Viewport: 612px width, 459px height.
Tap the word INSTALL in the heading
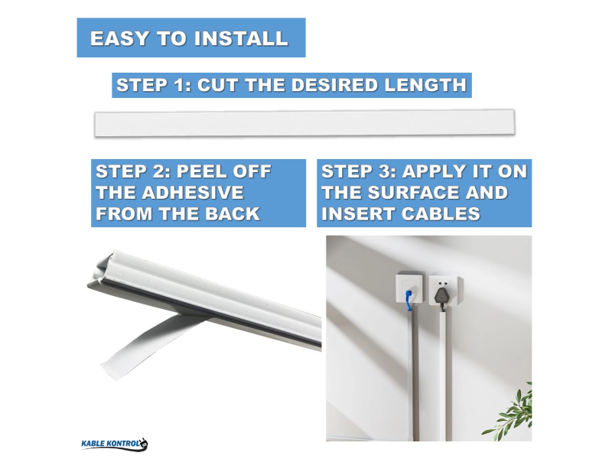[x=236, y=38]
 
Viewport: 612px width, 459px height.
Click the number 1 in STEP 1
[x=181, y=85]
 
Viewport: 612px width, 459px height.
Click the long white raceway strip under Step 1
[x=304, y=123]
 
